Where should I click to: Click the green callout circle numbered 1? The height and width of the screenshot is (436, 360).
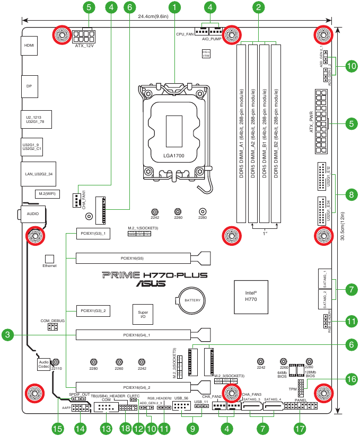[x=175, y=7]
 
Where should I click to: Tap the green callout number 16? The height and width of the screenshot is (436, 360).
[x=350, y=379]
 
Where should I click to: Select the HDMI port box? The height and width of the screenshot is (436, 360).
[x=29, y=46]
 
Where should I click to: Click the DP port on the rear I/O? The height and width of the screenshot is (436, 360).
[x=29, y=85]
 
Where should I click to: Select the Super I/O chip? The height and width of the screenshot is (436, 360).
[x=143, y=315]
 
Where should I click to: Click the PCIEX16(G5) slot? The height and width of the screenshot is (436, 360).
[x=133, y=259]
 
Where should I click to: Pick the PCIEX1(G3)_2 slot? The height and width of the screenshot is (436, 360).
[x=93, y=310]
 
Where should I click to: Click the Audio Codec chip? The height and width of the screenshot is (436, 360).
[x=43, y=363]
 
